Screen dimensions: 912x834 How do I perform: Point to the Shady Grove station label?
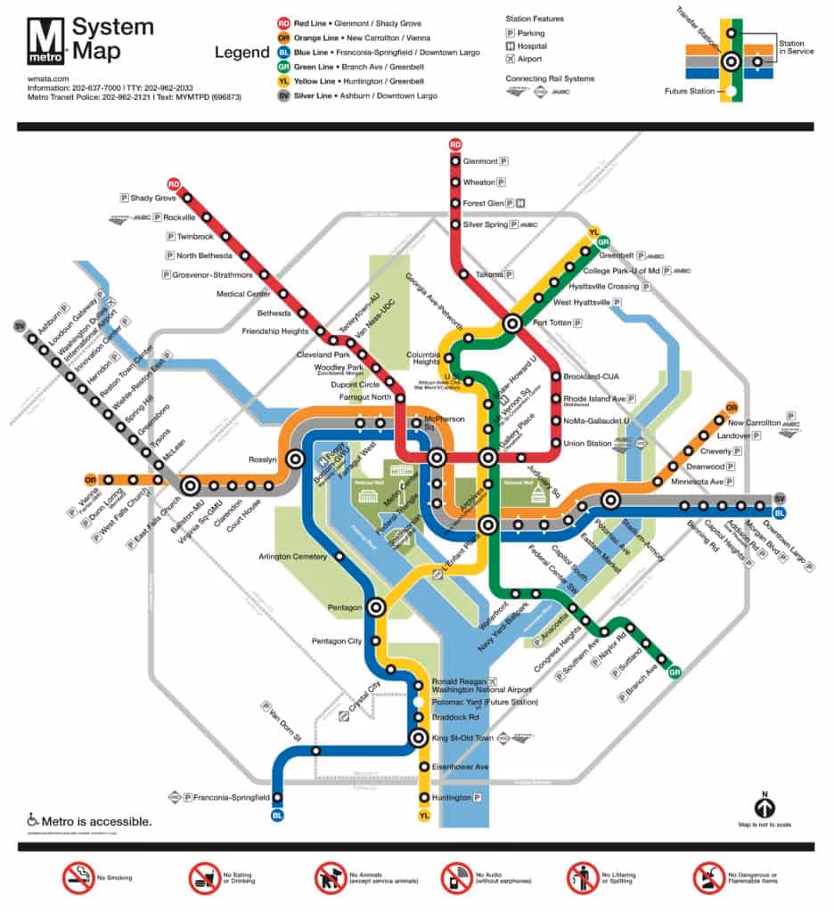tap(153, 198)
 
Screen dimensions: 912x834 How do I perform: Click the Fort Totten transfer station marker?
tap(512, 324)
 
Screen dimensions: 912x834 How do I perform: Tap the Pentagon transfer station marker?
tap(376, 607)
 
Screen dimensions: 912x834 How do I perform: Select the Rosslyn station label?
tap(263, 460)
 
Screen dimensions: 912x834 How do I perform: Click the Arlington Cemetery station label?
tap(294, 558)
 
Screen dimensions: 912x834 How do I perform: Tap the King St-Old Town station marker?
tap(418, 737)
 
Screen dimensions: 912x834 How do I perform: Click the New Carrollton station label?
tap(754, 421)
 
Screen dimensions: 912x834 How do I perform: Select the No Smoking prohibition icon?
tap(78, 878)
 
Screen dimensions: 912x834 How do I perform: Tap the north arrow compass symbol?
tap(764, 807)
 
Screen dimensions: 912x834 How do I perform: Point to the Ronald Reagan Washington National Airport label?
tap(481, 685)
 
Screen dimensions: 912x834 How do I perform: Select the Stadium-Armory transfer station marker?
tap(610, 501)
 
